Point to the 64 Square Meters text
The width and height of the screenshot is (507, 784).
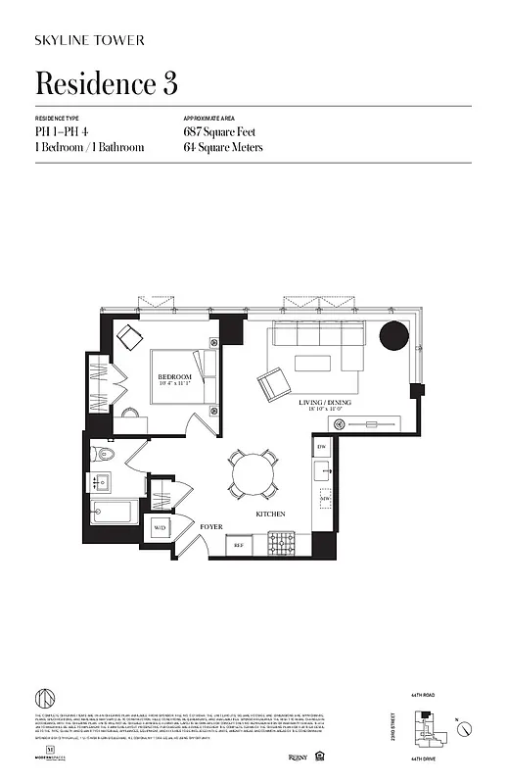[223, 147]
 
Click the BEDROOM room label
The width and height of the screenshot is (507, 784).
[176, 376]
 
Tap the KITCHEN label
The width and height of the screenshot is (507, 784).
[270, 514]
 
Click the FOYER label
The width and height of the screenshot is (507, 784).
[212, 526]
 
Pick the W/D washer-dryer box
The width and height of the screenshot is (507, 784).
[160, 528]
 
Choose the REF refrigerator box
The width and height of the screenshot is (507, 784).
[238, 543]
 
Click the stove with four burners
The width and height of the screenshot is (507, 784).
[283, 541]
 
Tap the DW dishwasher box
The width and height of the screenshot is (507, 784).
[321, 447]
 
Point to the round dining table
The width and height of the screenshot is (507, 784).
[253, 475]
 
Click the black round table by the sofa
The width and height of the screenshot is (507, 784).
[394, 336]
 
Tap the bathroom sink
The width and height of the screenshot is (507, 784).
[102, 482]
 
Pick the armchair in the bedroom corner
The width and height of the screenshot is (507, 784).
[131, 336]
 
